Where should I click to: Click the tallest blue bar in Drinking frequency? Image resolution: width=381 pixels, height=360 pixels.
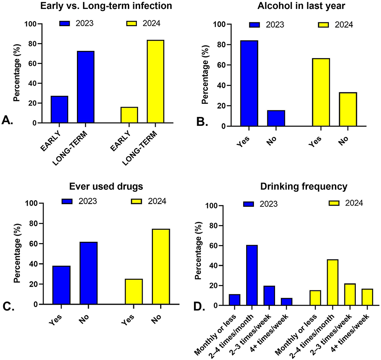251,275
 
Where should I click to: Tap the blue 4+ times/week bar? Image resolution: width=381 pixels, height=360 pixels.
286,302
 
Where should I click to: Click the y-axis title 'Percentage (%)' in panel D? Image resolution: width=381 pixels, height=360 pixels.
198,256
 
